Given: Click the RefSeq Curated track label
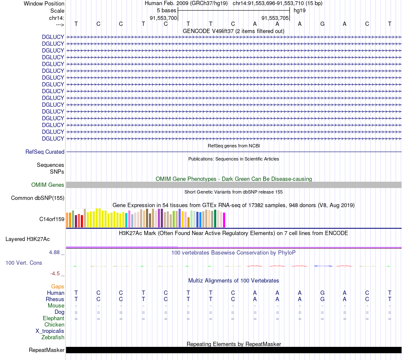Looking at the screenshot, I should [44, 152].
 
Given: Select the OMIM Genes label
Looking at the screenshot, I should [48, 185].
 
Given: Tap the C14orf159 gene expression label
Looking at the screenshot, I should [52, 219].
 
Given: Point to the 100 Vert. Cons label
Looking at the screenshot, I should [24, 263].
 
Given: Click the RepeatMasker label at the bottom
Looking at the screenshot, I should [47, 350].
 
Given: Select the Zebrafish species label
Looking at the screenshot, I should [53, 337].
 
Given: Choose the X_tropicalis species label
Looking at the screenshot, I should [50, 331].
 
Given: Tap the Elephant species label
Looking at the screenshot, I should [53, 318].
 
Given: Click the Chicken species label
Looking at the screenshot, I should [54, 324].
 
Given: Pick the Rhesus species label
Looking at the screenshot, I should [55, 299].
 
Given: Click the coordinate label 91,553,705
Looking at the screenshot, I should [275, 18].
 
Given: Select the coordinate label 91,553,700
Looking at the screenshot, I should [163, 18].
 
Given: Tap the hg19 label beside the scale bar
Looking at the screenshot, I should [300, 10].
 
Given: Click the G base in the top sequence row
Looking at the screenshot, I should [322, 24].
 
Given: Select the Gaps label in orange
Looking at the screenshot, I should [58, 286].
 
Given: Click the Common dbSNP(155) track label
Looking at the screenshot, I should [38, 198].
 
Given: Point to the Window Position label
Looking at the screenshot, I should [44, 3].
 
